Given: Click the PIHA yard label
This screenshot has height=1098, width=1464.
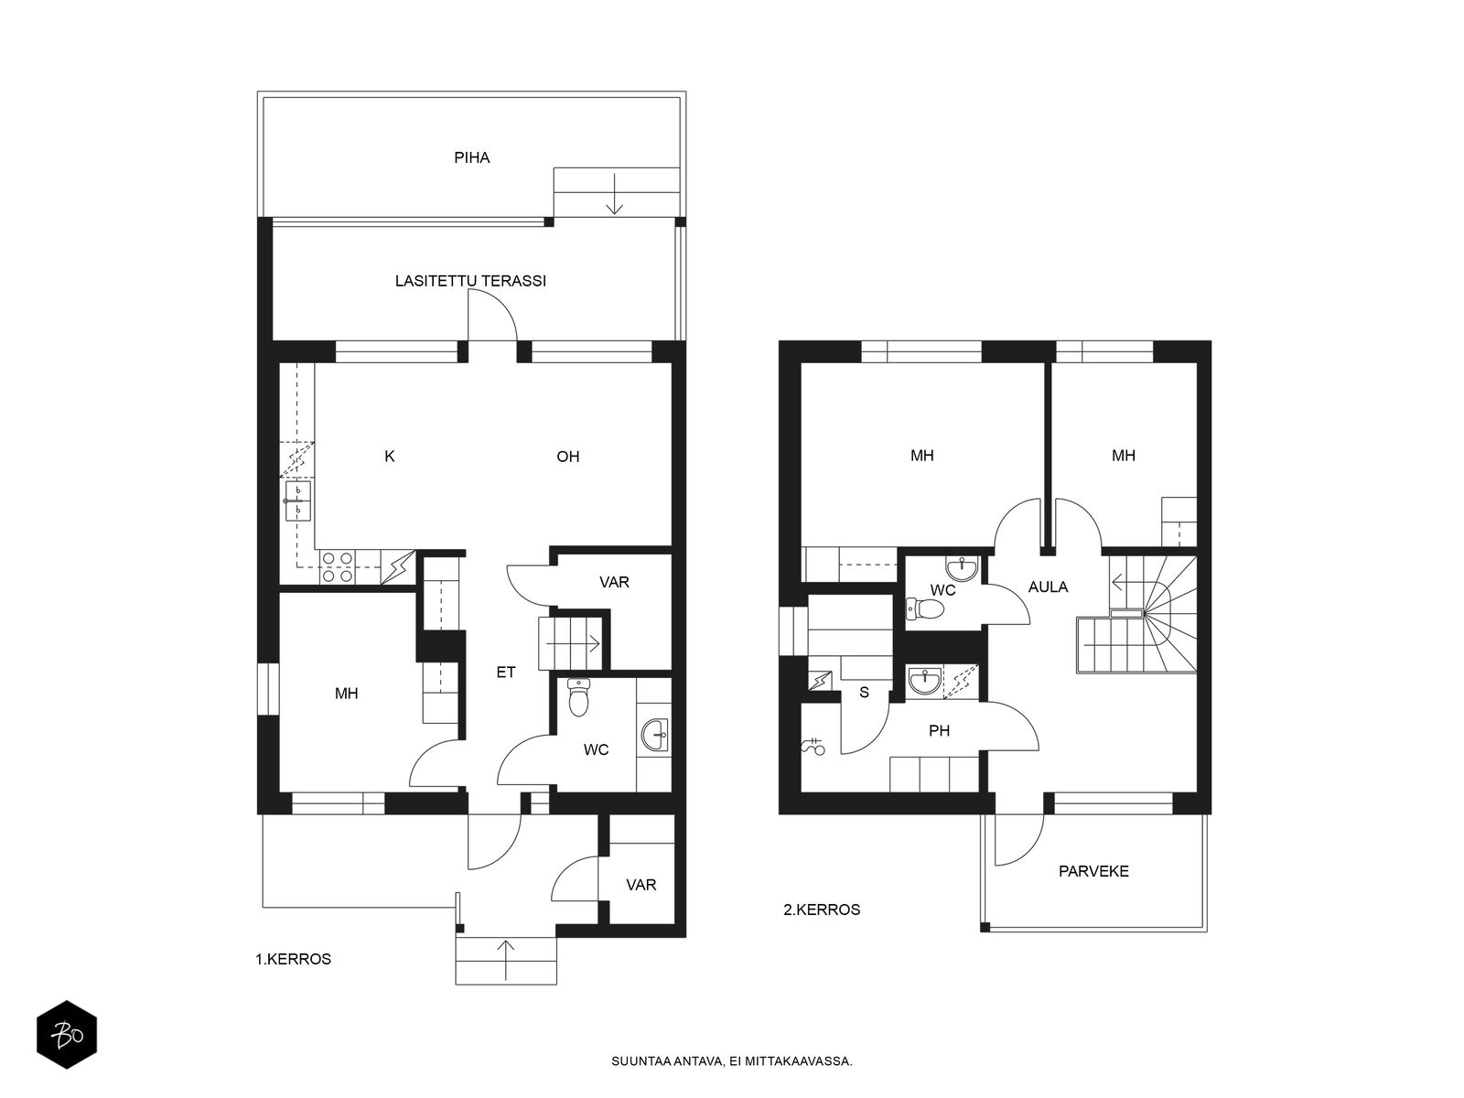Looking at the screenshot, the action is [x=471, y=158].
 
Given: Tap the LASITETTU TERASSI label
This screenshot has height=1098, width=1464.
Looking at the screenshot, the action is [x=470, y=281].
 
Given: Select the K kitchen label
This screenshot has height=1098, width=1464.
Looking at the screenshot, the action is [x=390, y=456].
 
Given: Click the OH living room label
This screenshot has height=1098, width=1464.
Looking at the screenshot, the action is [x=567, y=457].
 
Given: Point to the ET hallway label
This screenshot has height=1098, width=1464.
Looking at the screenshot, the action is [x=506, y=672].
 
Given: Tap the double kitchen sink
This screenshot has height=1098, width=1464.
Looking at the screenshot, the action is [x=297, y=501].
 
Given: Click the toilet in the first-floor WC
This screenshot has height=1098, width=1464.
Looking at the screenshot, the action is [x=578, y=697].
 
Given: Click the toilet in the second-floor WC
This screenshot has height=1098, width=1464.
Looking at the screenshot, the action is [x=925, y=608].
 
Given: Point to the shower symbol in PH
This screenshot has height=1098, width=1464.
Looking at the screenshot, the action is [x=813, y=747].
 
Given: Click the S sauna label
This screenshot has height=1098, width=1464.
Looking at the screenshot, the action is [x=864, y=693].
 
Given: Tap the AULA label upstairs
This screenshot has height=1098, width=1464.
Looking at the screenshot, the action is [x=1048, y=587].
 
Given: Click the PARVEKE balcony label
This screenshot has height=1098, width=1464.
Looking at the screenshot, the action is [x=1093, y=871].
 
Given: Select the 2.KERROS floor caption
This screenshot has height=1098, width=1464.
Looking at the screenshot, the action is [x=821, y=910].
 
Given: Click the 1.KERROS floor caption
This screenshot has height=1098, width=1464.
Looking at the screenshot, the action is [x=293, y=959].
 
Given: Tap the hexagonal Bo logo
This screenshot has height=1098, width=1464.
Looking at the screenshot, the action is [x=67, y=1035].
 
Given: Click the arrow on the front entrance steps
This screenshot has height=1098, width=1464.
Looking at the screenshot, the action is [x=506, y=960].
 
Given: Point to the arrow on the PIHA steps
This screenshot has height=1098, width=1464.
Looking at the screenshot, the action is [x=614, y=193].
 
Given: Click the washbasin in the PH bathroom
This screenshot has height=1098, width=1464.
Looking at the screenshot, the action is [x=925, y=682].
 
